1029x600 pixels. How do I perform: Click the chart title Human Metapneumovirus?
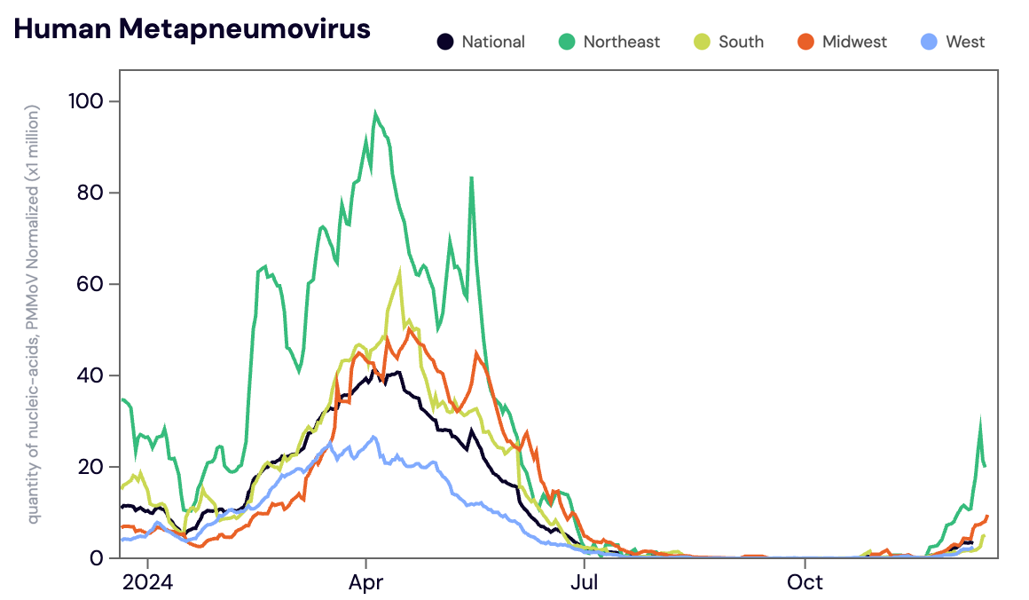click(192, 29)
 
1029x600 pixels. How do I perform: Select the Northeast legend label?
click(621, 42)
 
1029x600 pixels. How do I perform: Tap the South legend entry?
click(741, 42)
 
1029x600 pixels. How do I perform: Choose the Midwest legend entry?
click(854, 42)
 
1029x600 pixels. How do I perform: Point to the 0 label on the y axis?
click(98, 558)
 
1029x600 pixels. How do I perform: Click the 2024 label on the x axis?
click(147, 583)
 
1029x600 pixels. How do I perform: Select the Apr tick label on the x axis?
click(365, 583)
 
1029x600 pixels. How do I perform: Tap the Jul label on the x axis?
click(584, 583)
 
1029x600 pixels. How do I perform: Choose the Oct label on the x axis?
click(805, 583)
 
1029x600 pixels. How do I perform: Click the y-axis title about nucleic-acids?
click(34, 314)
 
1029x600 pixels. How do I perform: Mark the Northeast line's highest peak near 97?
click(375, 114)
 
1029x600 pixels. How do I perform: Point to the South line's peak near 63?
click(400, 272)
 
